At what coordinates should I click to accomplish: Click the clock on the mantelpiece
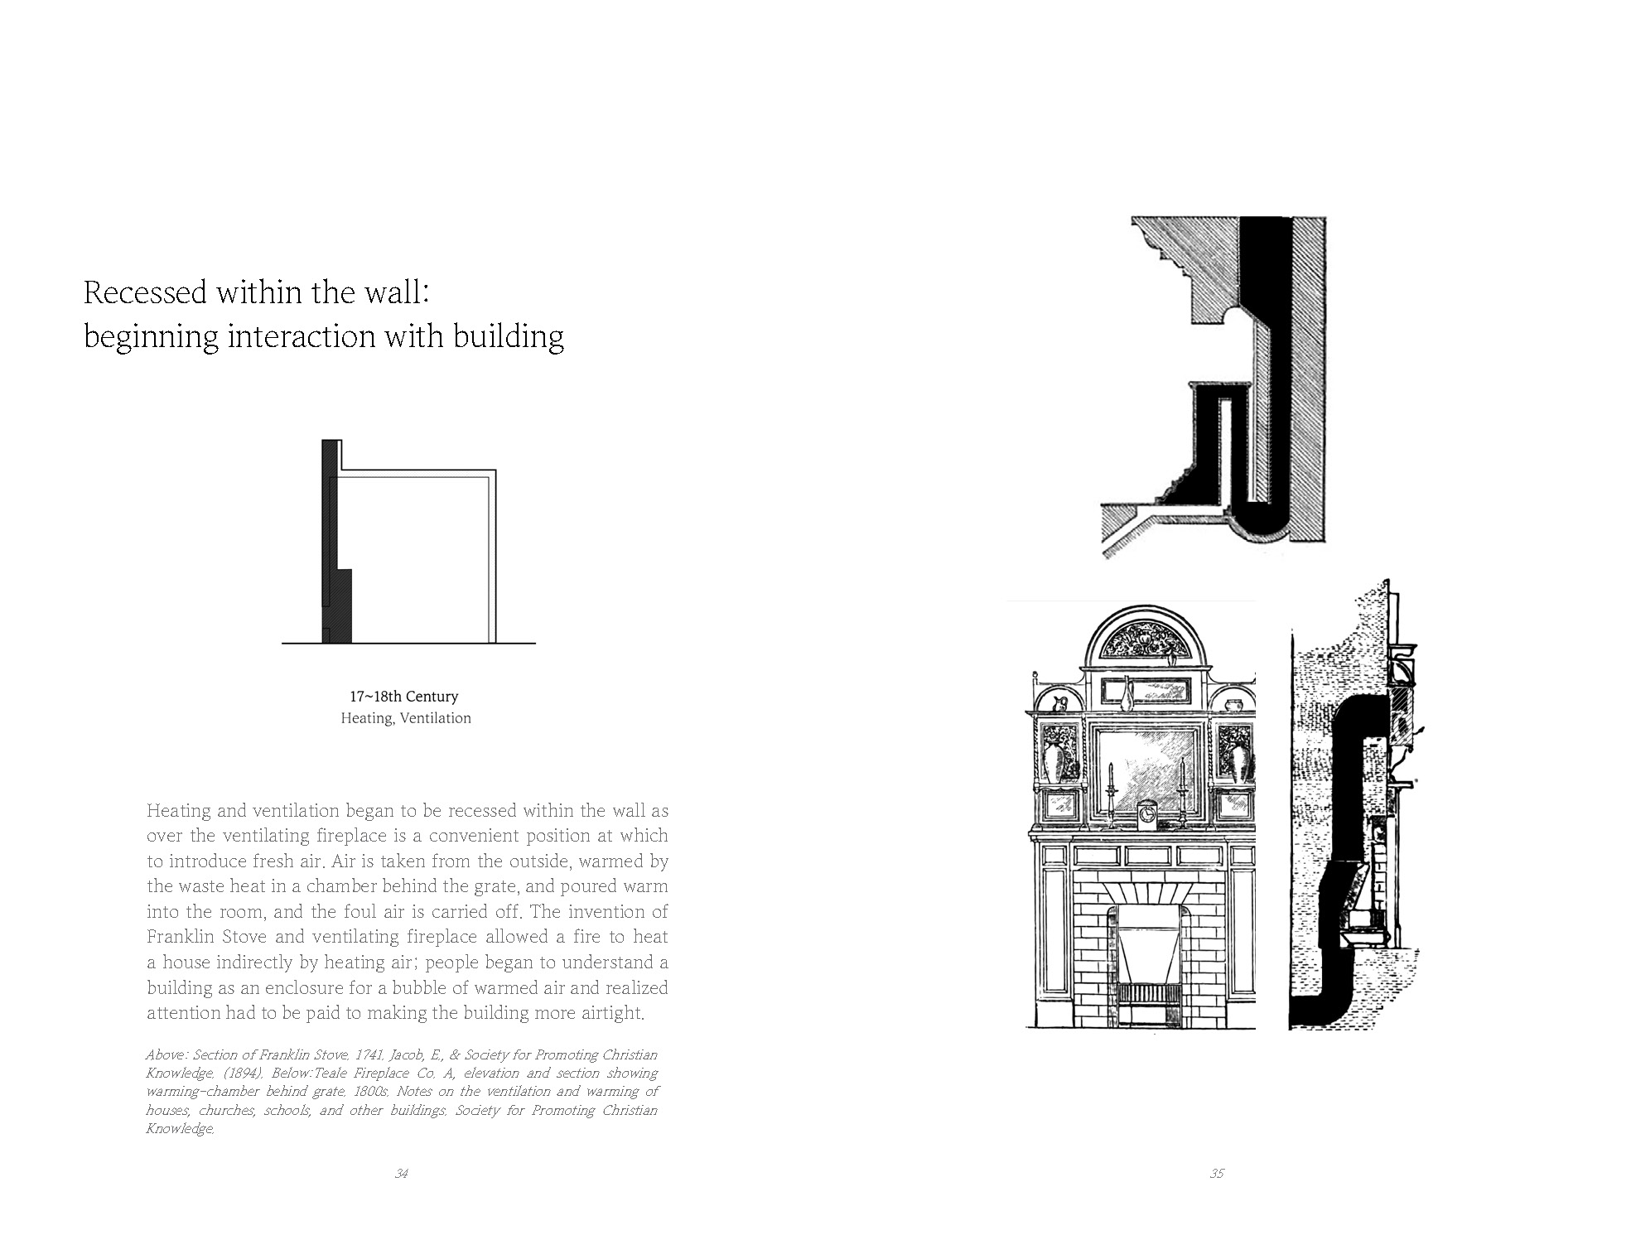tap(1144, 815)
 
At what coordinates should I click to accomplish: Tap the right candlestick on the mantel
tap(1182, 795)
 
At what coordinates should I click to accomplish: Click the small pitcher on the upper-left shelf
tap(1059, 704)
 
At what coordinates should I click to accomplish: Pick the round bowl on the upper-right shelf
tap(1231, 705)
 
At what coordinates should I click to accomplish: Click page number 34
tap(402, 1173)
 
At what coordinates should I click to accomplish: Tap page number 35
tap(1216, 1173)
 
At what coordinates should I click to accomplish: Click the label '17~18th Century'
tap(404, 697)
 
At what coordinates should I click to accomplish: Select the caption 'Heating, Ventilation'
tap(406, 718)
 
